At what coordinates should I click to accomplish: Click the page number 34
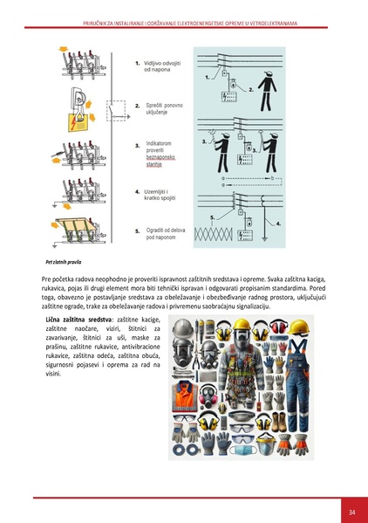[351, 511]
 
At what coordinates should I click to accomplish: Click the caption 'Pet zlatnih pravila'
[64, 261]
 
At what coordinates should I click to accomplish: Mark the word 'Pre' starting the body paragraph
[46, 279]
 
